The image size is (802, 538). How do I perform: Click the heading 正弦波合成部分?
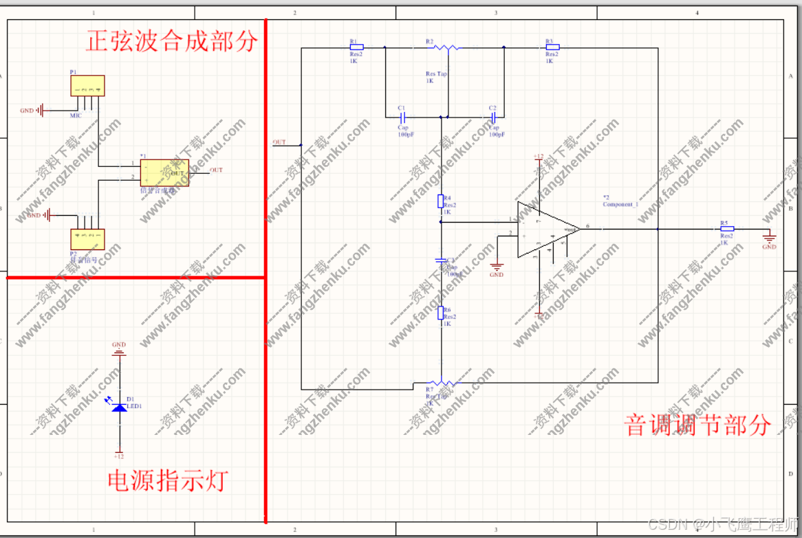[172, 41]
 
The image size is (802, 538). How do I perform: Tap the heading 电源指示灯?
[167, 480]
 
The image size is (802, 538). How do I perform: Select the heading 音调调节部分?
[697, 425]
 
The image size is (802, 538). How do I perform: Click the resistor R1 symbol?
[356, 47]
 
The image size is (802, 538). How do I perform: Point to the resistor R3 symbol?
[552, 47]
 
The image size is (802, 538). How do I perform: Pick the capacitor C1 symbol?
[402, 117]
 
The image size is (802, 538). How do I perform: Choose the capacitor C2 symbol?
[492, 117]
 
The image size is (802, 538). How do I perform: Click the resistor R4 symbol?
[441, 201]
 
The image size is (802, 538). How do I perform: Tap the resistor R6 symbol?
[441, 313]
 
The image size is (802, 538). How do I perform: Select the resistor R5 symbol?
[726, 229]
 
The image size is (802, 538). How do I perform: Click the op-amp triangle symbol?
[547, 229]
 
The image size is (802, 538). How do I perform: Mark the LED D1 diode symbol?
[119, 407]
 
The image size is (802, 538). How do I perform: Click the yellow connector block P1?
[87, 86]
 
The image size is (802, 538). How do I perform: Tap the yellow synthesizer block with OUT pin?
[164, 172]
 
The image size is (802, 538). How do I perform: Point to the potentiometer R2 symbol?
[448, 47]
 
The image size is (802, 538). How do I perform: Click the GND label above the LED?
[119, 345]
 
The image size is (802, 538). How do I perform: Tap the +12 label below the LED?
[119, 456]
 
